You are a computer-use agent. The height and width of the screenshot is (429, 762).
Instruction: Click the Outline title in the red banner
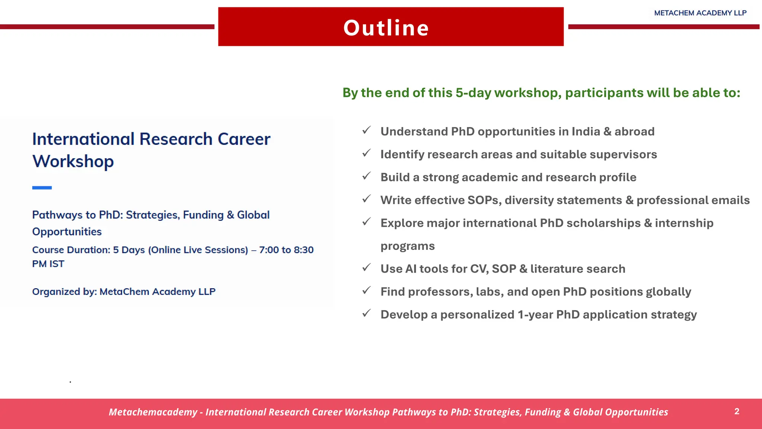tap(386, 28)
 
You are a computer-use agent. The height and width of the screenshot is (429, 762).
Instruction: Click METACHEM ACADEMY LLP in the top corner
tap(700, 13)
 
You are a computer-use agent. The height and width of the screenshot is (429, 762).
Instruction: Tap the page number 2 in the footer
tap(737, 411)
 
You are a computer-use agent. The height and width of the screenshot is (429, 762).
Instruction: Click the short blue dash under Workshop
tap(42, 188)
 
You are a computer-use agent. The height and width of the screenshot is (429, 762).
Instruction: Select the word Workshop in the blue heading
tap(73, 162)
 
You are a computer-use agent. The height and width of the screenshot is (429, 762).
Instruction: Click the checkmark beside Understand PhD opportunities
tap(366, 130)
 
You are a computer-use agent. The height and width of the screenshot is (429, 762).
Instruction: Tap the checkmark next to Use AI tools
tap(366, 268)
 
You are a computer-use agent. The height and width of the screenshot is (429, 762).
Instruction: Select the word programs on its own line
tap(407, 246)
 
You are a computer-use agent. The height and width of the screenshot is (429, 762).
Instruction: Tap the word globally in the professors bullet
tap(668, 292)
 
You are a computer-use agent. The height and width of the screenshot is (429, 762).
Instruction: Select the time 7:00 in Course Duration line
tap(269, 250)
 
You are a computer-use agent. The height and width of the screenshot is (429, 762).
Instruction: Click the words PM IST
tap(48, 264)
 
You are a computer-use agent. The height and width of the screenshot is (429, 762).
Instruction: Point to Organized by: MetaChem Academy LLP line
tap(124, 292)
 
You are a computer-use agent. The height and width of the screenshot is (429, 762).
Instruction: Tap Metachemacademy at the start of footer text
tap(153, 412)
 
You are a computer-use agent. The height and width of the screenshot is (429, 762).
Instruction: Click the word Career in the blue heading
tap(244, 139)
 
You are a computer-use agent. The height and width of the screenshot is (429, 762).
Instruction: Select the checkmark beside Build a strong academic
tap(366, 176)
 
